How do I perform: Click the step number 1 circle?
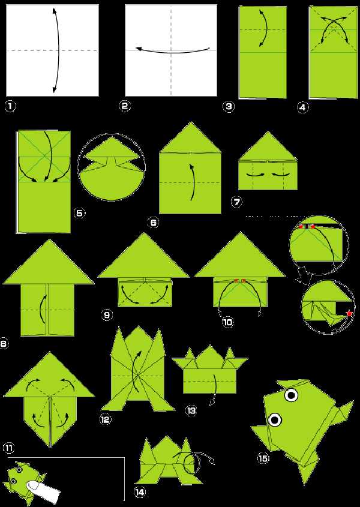tap(10, 106)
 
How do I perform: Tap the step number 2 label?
tap(125, 106)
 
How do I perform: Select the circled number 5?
tap(80, 213)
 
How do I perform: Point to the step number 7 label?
tap(237, 202)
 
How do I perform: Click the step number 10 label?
tap(228, 322)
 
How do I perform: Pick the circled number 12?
tap(106, 419)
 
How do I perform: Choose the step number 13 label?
tap(191, 410)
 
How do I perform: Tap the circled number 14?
tap(139, 492)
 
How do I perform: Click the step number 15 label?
tap(263, 458)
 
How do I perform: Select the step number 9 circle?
tap(107, 314)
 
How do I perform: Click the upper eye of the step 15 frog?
tap(292, 395)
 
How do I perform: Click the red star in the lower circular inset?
tap(349, 313)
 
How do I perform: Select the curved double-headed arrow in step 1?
tap(57, 51)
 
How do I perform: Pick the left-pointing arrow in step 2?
tap(173, 50)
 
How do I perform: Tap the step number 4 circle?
tap(302, 107)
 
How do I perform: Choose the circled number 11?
tap(9, 448)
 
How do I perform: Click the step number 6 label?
tap(154, 222)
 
